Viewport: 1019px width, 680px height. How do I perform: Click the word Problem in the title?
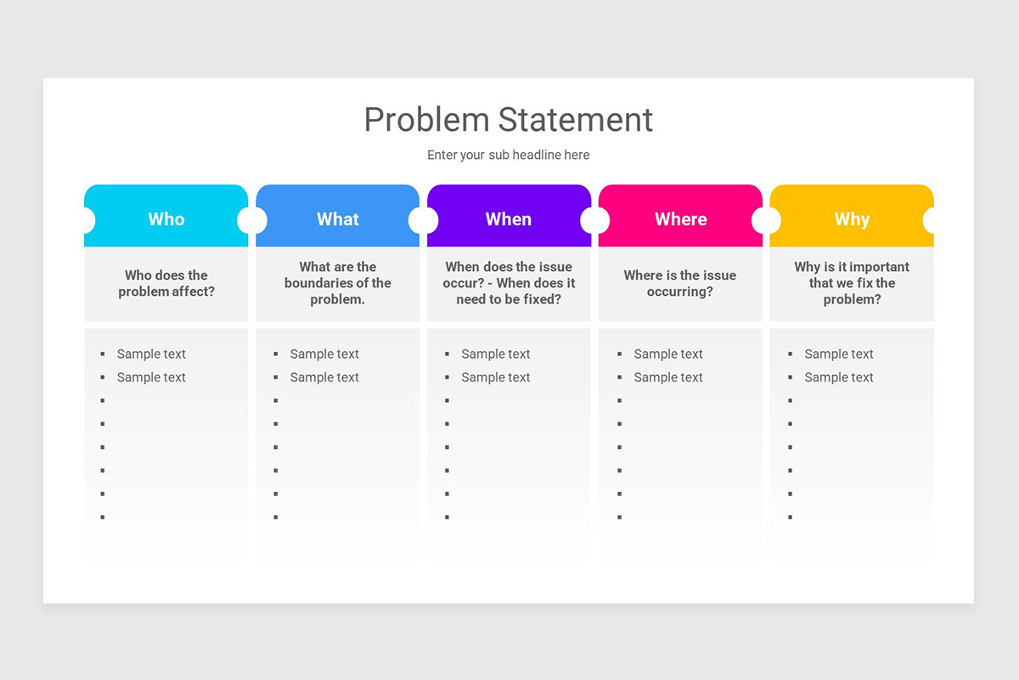click(427, 120)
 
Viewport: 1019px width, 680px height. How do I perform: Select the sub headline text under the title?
click(508, 155)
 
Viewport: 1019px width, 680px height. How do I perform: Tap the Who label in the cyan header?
click(166, 219)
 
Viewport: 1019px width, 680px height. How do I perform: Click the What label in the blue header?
click(338, 219)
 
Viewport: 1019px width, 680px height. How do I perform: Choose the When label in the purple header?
click(509, 219)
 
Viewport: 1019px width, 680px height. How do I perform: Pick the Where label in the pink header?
click(680, 219)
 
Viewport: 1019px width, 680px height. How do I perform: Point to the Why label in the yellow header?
click(852, 219)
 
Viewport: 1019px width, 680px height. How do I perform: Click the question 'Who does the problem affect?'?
click(166, 283)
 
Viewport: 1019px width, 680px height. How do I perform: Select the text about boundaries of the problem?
click(338, 283)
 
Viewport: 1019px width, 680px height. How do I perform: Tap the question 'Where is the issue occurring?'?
click(680, 283)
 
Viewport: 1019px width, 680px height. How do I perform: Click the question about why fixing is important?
click(852, 283)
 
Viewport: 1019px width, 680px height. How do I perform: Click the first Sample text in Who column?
click(151, 354)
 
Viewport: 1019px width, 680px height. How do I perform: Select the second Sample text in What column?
click(324, 377)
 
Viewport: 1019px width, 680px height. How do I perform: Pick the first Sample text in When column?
click(496, 354)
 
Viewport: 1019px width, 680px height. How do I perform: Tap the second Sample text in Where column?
click(668, 377)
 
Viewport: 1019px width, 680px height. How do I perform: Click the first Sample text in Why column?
click(839, 354)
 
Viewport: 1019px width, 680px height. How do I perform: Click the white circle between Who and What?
click(252, 219)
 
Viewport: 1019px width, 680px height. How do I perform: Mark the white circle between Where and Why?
click(766, 219)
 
